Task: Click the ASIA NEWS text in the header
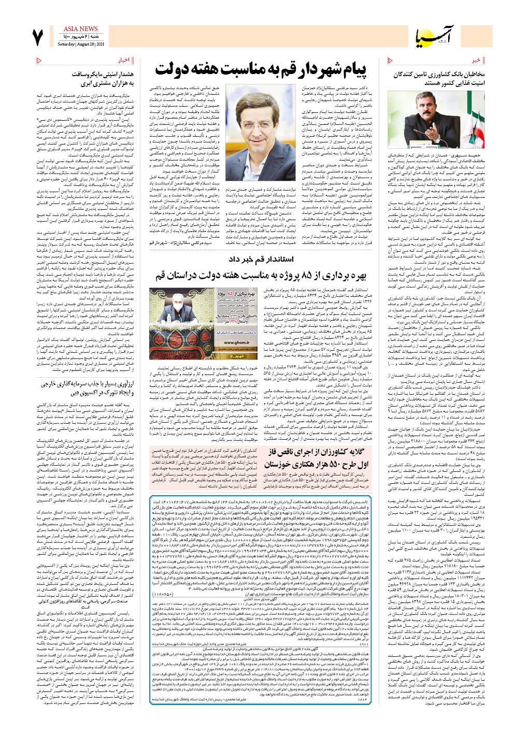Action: [80, 29]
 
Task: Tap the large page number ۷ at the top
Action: [37, 38]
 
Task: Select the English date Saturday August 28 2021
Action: [80, 44]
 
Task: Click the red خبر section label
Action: [476, 60]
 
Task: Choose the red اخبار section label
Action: [123, 60]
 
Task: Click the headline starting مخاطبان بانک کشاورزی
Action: [438, 79]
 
